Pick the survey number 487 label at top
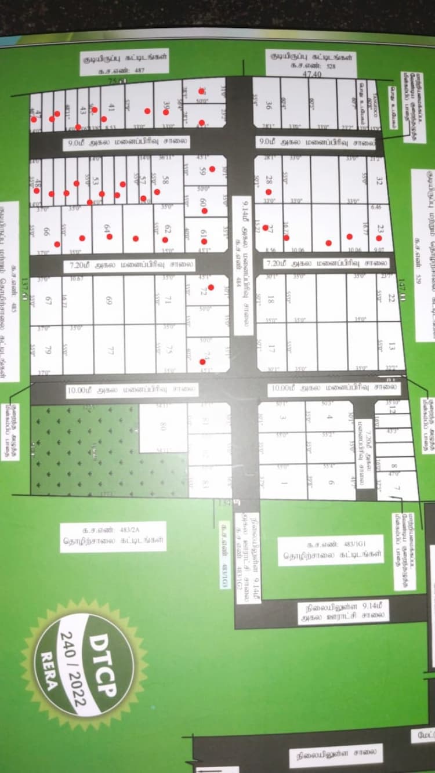[x=124, y=70]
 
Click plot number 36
[x=269, y=106]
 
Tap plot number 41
[x=111, y=107]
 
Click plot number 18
[x=270, y=300]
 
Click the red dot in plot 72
[x=211, y=288]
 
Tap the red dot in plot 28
[x=269, y=191]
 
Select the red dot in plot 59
[x=212, y=169]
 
